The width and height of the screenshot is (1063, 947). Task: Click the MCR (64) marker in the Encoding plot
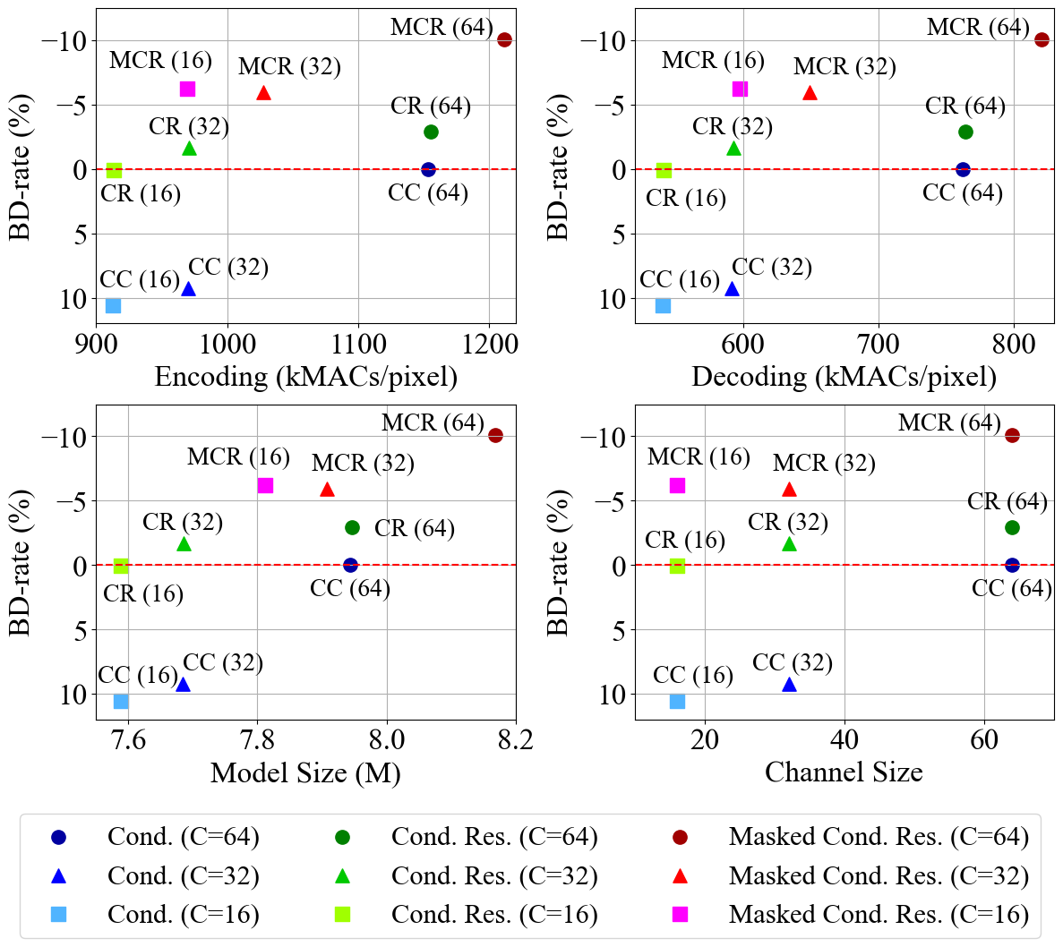pos(504,40)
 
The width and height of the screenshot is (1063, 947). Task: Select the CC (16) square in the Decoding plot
pos(663,305)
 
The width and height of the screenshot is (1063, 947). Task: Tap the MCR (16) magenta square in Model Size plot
pos(265,485)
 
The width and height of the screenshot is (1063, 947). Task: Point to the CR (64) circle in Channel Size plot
pos(1012,527)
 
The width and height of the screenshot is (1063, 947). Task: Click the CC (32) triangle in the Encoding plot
pos(188,289)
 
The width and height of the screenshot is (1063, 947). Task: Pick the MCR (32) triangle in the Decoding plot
pos(810,93)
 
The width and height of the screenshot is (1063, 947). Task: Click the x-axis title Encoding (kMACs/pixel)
pos(305,376)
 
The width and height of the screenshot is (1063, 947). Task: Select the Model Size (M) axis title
pos(305,772)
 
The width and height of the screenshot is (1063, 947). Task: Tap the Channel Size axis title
pos(844,772)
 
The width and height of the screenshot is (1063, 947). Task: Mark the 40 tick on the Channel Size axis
pos(844,738)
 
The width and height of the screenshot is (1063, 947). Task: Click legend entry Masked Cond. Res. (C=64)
pos(879,837)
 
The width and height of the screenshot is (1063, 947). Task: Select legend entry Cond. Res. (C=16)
pos(494,914)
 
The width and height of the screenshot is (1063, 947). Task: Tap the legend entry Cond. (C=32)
pos(183,875)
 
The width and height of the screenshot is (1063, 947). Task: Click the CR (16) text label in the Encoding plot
pos(141,193)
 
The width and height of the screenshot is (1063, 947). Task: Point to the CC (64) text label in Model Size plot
pos(350,588)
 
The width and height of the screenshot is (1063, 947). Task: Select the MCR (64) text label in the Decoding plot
pos(978,27)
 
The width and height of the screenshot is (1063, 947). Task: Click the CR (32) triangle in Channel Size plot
pos(789,544)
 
